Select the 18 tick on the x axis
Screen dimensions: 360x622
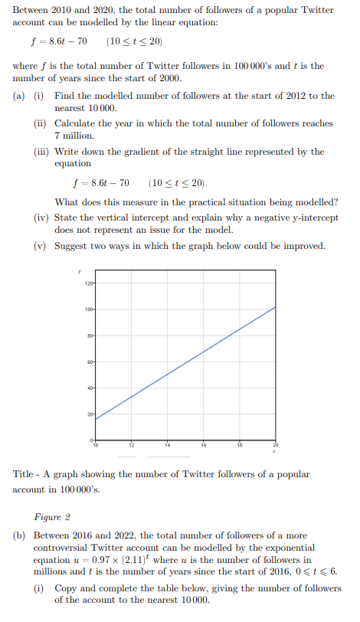click(239, 444)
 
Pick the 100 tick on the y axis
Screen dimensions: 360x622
click(87, 309)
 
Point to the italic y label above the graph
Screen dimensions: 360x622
click(78, 270)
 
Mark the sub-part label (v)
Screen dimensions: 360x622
click(42, 246)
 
